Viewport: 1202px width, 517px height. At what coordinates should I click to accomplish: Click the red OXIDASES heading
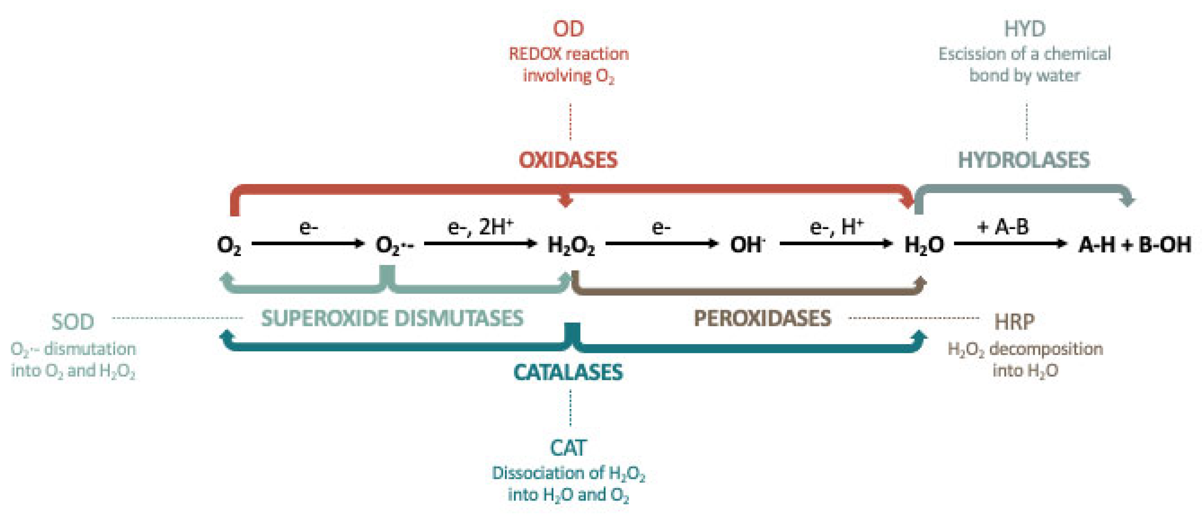(568, 160)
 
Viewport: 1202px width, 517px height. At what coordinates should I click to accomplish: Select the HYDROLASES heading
(1024, 160)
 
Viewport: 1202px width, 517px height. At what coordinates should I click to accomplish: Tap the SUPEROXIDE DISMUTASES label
(392, 319)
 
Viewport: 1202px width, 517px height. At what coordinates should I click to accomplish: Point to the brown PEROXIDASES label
(762, 319)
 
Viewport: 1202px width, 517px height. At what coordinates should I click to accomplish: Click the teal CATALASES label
(568, 372)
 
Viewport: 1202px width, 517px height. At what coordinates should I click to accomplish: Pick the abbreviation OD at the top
(568, 29)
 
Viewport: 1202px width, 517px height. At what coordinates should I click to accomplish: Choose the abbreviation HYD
(1025, 29)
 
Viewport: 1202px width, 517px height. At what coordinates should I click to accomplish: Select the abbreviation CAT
(568, 448)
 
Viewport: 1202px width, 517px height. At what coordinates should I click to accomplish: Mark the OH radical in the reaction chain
(747, 245)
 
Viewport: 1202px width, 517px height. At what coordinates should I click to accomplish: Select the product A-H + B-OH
(1134, 245)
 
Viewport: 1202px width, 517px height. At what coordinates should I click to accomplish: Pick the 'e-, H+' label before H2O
(836, 227)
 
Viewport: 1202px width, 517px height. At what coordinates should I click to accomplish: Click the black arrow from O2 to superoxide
(308, 243)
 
